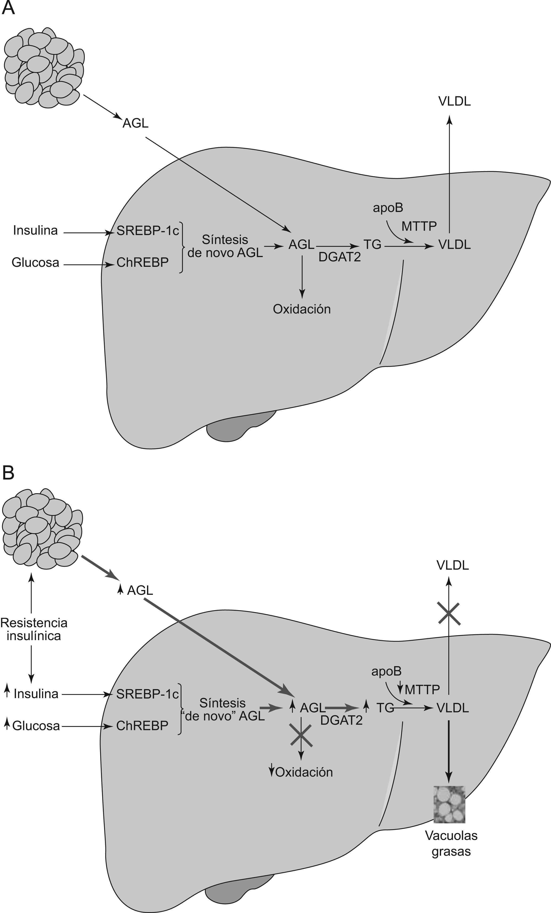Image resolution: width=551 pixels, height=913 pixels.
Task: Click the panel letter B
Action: pyautogui.click(x=8, y=473)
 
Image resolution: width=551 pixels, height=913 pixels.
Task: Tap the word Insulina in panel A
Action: pyautogui.click(x=36, y=230)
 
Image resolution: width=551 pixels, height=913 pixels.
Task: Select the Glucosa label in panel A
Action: pyautogui.click(x=36, y=262)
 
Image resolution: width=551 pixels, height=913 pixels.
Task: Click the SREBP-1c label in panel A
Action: pyautogui.click(x=148, y=231)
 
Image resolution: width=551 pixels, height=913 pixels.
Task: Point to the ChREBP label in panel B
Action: pyautogui.click(x=143, y=726)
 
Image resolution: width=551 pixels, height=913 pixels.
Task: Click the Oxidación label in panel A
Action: pyautogui.click(x=302, y=309)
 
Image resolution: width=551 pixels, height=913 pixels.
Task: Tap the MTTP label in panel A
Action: pyautogui.click(x=419, y=226)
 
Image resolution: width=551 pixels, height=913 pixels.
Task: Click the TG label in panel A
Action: pyautogui.click(x=372, y=245)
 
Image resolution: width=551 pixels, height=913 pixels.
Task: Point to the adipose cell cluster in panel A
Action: pyautogui.click(x=44, y=68)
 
